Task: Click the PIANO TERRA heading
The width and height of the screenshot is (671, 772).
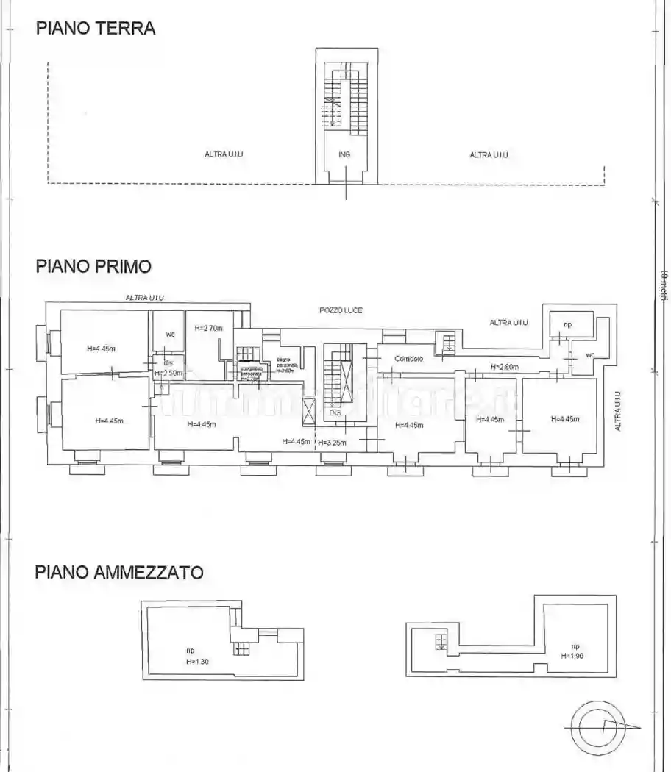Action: click(96, 29)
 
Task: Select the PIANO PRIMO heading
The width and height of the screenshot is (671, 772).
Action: click(93, 266)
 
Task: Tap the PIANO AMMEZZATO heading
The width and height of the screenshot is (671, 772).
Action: click(119, 572)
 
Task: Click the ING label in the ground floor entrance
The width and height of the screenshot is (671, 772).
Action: click(344, 154)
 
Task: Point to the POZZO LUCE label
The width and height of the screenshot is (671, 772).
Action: click(341, 311)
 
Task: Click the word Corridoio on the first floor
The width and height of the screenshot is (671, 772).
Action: click(408, 359)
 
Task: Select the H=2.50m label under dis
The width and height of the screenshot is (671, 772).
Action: click(168, 374)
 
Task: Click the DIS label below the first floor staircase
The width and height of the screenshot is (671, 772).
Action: click(335, 412)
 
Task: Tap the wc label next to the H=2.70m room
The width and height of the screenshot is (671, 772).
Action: click(170, 335)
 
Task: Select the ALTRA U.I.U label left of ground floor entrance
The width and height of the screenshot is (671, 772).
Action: click(224, 154)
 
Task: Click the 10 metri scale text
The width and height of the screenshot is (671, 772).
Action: click(663, 285)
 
